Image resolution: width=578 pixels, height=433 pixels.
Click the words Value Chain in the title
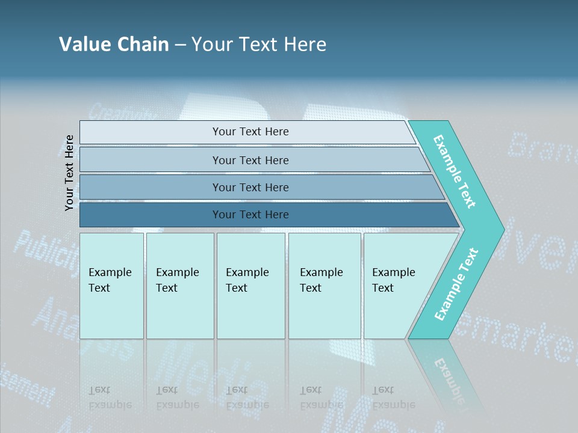click(x=114, y=45)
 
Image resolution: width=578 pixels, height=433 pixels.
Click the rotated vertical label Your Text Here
click(x=70, y=173)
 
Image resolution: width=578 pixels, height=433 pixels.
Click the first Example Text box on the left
click(x=111, y=286)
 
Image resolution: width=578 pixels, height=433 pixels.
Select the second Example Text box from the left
click(x=180, y=286)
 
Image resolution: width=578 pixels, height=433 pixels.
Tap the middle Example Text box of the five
click(x=250, y=286)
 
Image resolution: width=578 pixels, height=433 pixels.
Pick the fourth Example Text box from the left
click(x=325, y=286)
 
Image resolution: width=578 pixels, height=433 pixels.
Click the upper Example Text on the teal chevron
click(x=455, y=172)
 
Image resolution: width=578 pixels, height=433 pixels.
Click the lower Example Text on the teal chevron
click(x=456, y=284)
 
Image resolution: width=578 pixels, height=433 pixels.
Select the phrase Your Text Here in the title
click(x=259, y=45)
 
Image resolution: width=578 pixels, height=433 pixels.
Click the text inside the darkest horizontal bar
click(x=250, y=215)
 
